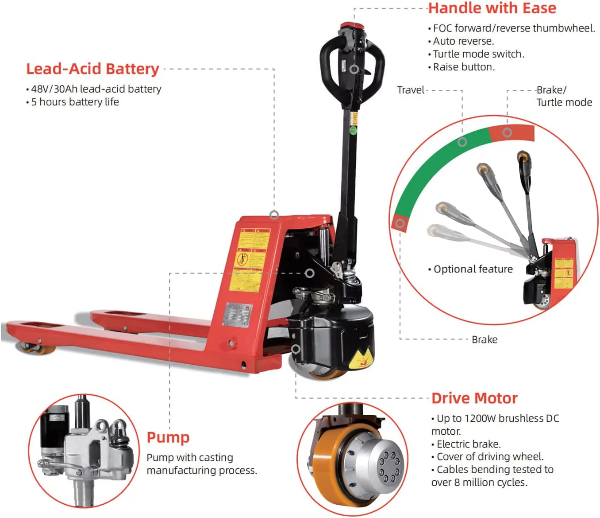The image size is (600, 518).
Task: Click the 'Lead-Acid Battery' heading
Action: click(92, 69)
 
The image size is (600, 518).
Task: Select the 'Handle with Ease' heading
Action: click(492, 8)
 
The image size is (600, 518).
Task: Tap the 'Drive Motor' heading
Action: click(474, 398)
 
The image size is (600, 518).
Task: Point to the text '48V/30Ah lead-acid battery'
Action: click(96, 89)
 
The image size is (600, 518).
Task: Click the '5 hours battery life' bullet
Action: click(75, 102)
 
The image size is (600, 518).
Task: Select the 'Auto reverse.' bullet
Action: click(463, 41)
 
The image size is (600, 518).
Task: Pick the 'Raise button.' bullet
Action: click(464, 67)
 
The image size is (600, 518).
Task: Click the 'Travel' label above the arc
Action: click(411, 90)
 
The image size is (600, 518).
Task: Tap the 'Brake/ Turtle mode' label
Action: click(564, 96)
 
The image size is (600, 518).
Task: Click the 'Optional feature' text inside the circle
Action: click(473, 269)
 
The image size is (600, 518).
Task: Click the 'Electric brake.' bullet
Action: click(469, 444)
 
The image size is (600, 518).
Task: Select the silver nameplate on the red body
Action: click(237, 315)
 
